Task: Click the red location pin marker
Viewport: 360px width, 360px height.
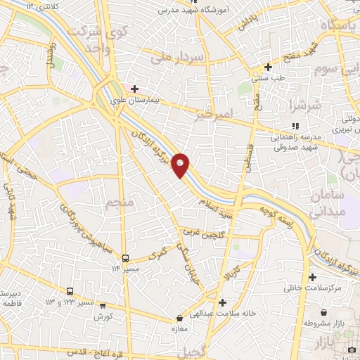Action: (x=181, y=165)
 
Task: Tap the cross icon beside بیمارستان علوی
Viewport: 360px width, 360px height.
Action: (x=135, y=89)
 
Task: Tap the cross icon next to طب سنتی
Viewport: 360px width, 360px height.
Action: (x=267, y=67)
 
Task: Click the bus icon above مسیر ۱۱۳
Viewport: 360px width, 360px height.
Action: (x=126, y=258)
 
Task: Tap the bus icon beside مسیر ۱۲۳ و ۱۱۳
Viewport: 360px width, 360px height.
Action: (x=70, y=291)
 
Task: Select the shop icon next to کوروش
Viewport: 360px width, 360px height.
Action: (x=103, y=306)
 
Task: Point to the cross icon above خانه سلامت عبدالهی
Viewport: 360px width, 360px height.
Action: (x=222, y=303)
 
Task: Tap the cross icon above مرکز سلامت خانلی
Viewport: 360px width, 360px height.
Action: (x=312, y=278)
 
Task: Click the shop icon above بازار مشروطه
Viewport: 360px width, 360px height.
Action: (x=323, y=312)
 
